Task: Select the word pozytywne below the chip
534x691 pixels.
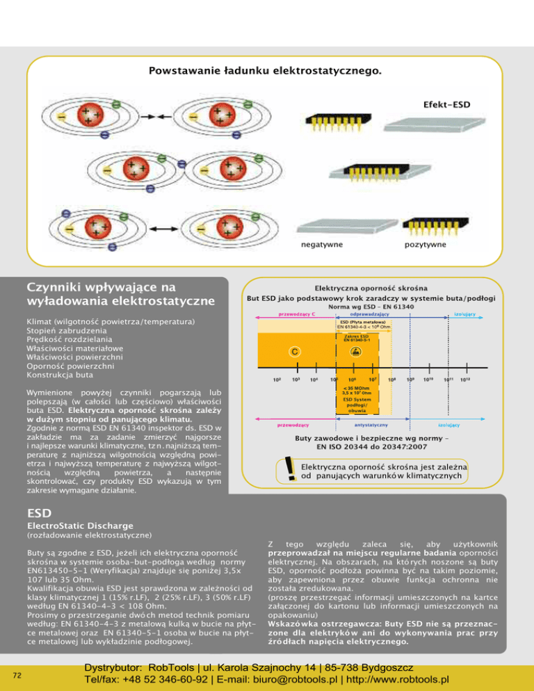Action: [x=425, y=245]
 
